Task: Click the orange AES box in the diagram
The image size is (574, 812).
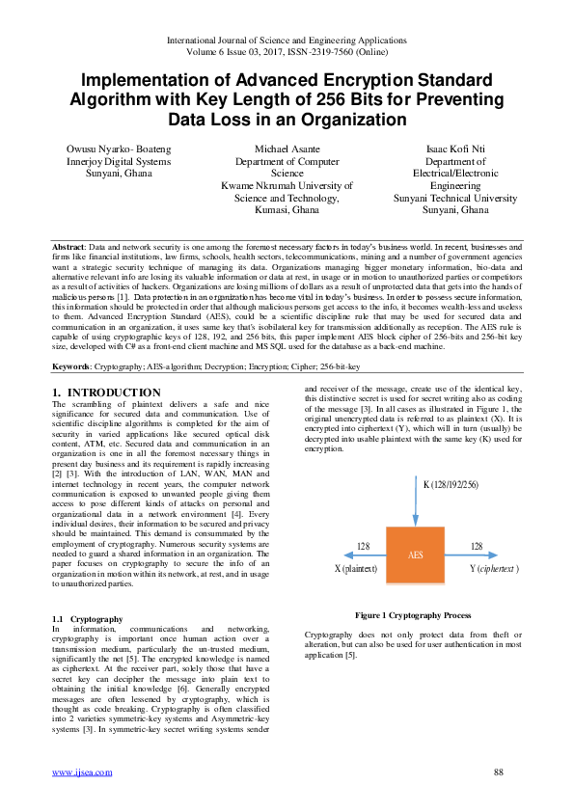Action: click(416, 555)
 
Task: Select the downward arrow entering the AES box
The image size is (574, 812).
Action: click(416, 501)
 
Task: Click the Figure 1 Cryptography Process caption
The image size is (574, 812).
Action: click(413, 614)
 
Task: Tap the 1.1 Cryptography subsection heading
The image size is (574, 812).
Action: click(87, 618)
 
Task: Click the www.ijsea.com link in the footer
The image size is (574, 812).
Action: click(77, 772)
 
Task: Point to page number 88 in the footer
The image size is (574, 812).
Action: click(498, 772)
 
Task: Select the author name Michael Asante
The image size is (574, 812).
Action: click(287, 150)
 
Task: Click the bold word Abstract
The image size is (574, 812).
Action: click(68, 248)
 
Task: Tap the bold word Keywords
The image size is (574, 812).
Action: click(71, 366)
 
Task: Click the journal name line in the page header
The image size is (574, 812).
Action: click(287, 41)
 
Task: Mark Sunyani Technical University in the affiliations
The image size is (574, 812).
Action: click(455, 198)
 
